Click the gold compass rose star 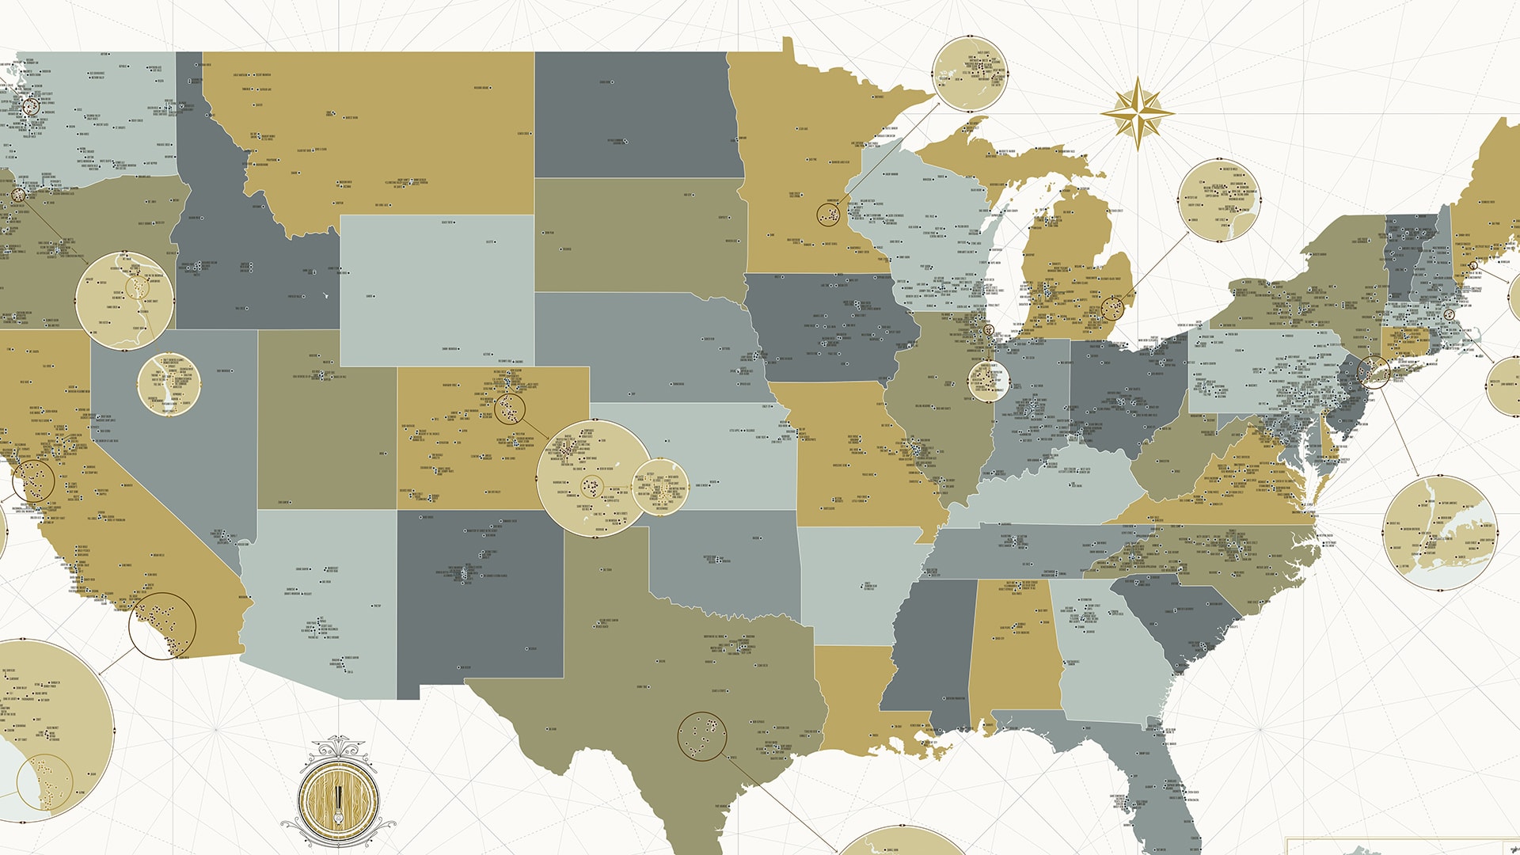pos(1137,113)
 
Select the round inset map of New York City pos(1440,533)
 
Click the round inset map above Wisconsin pos(969,74)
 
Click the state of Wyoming pos(437,289)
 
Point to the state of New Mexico pos(479,602)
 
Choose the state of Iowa pos(823,329)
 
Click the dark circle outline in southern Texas pos(702,736)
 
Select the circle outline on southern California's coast pos(162,625)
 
